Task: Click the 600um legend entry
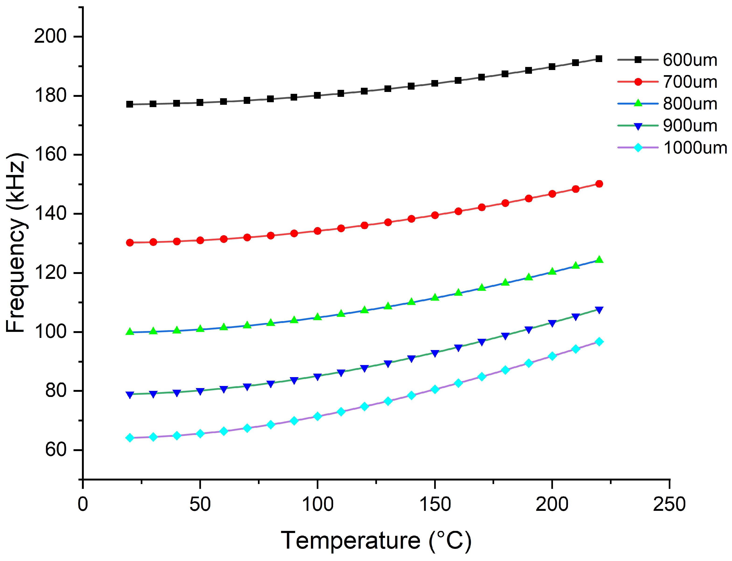click(689, 60)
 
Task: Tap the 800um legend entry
click(689, 104)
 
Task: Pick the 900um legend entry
click(689, 126)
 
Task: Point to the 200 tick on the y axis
click(50, 36)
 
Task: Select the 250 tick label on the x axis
click(669, 505)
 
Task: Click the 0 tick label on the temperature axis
click(83, 505)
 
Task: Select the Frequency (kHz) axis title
click(16, 243)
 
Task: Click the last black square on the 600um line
click(599, 59)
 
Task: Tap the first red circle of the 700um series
click(130, 242)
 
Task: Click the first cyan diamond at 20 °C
click(130, 438)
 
